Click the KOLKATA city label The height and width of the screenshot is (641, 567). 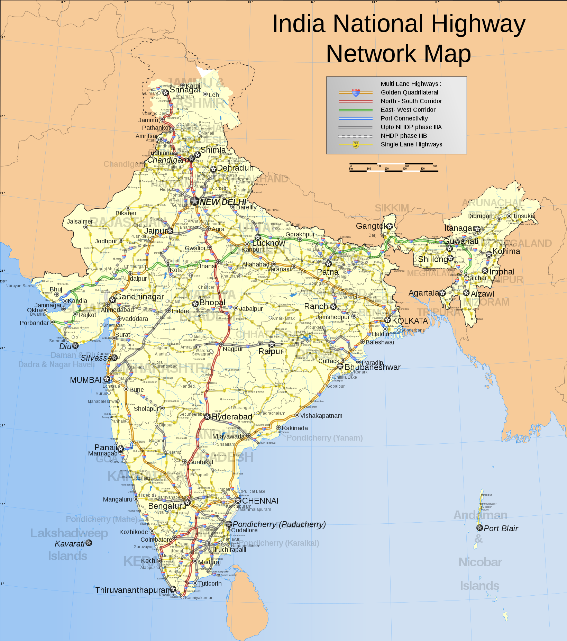coord(410,321)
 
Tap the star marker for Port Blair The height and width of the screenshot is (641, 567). coord(479,528)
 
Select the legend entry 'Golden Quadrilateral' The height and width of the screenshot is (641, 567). coord(409,92)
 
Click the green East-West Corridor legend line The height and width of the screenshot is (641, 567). coord(355,110)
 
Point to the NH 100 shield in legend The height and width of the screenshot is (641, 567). coord(355,144)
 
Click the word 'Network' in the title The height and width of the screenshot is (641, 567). coord(371,54)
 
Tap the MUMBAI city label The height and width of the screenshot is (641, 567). coord(86,380)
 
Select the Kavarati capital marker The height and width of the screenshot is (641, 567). coord(89,543)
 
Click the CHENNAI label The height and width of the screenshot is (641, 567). coord(260,501)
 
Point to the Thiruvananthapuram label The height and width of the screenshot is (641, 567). coord(133,590)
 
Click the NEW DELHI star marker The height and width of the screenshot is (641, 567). coord(195,201)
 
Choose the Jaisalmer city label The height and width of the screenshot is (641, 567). coord(80,222)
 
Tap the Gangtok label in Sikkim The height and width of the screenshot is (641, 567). coord(372,226)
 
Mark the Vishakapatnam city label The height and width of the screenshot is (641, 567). coord(321,416)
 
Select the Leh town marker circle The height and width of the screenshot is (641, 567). coord(205,94)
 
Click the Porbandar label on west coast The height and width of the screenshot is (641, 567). coord(34,323)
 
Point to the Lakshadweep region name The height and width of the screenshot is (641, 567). coord(69,533)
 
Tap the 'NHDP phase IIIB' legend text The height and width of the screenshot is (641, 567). coord(404,136)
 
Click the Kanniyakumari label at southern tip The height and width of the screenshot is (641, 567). coord(199,598)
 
